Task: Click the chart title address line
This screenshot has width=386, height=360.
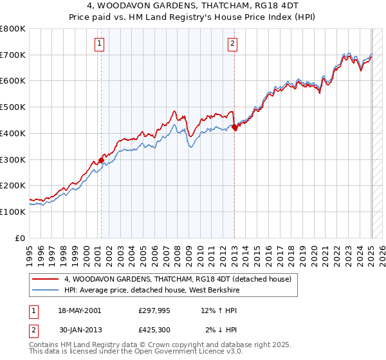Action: [192, 6]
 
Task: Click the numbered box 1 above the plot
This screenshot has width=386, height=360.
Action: [100, 44]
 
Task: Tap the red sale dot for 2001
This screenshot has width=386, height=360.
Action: [101, 160]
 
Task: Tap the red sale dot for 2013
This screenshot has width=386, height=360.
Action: [234, 127]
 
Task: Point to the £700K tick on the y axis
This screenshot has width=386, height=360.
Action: [14, 55]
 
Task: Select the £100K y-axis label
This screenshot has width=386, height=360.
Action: [14, 212]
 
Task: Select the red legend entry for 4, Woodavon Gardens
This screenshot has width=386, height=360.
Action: [178, 279]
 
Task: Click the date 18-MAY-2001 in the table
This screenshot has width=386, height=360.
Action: [79, 310]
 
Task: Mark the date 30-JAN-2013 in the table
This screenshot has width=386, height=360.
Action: [79, 330]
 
